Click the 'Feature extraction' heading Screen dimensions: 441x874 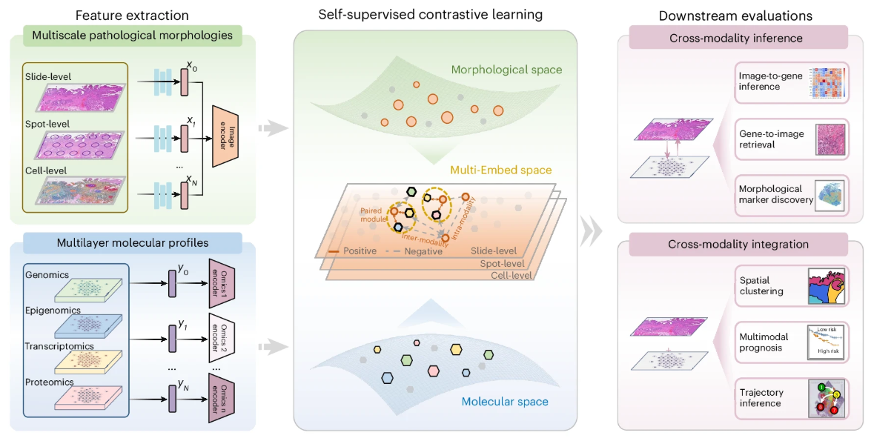click(133, 15)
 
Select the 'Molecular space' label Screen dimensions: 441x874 click(505, 402)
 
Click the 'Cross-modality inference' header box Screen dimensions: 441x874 click(738, 38)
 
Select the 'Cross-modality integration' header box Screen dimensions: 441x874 click(738, 245)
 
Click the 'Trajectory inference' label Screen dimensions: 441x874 click(761, 398)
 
